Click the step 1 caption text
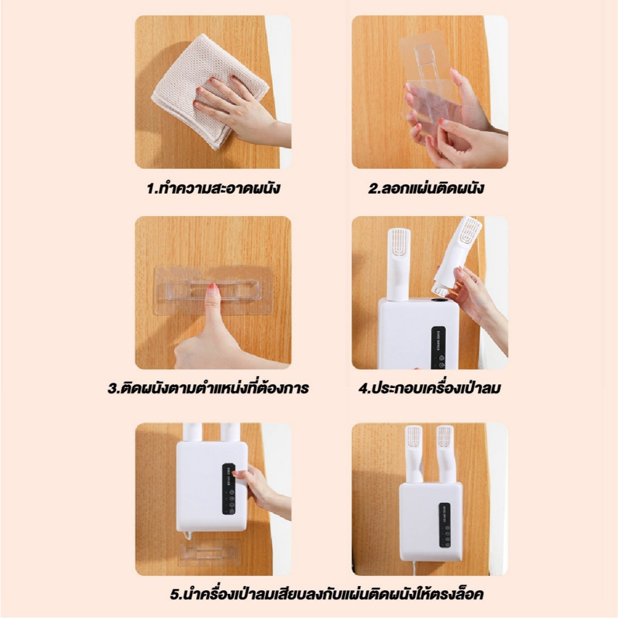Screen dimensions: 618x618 (x=213, y=188)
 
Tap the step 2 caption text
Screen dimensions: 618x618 (x=426, y=188)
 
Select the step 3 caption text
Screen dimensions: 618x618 (x=208, y=388)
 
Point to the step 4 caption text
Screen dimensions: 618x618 (x=430, y=388)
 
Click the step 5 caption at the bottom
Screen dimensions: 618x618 (x=327, y=594)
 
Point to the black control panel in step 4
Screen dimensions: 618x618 (x=438, y=348)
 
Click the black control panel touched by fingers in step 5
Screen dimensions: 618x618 (x=229, y=489)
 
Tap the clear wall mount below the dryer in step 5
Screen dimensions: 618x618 (x=209, y=553)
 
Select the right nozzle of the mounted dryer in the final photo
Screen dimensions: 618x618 (x=445, y=454)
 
